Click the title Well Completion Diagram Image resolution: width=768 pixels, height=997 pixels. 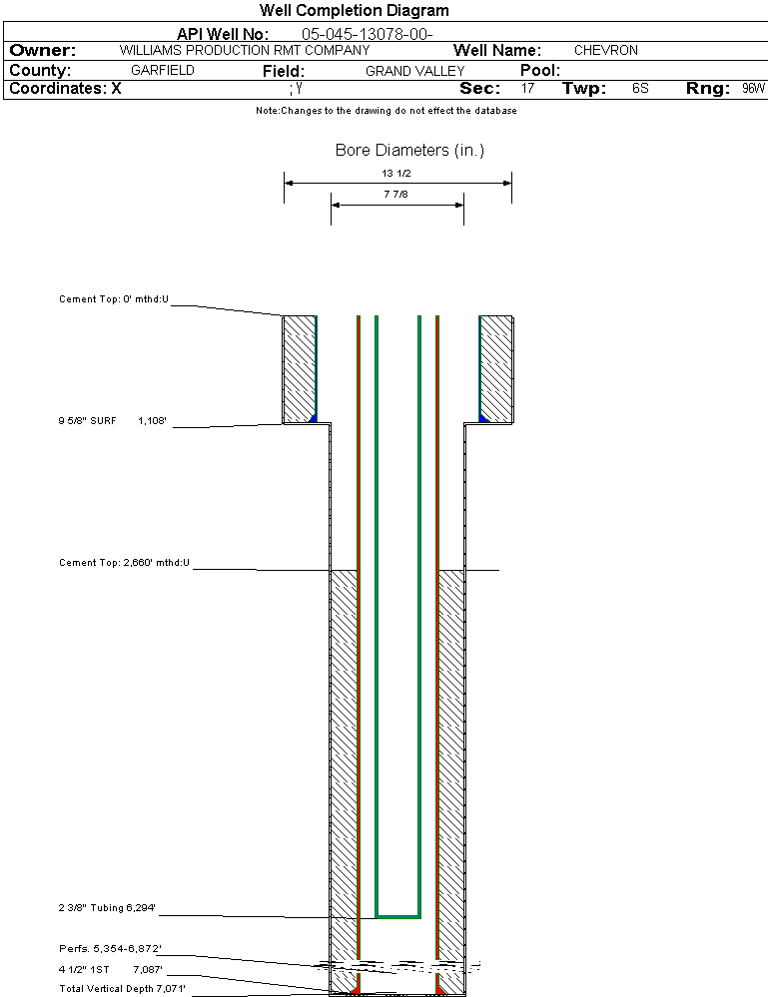[x=354, y=10]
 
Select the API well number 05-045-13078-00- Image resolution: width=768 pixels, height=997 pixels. [x=368, y=34]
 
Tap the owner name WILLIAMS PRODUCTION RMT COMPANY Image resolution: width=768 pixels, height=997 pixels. [x=245, y=50]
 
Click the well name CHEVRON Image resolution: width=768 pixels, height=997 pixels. [x=606, y=50]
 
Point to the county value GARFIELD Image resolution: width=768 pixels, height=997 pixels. [x=162, y=70]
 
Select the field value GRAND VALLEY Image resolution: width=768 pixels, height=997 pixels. [x=414, y=71]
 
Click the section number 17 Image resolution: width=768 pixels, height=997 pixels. [x=527, y=89]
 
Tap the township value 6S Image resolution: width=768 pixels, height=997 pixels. [x=640, y=89]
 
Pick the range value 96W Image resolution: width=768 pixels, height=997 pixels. [x=753, y=89]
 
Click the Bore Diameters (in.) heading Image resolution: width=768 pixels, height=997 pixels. [x=409, y=150]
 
